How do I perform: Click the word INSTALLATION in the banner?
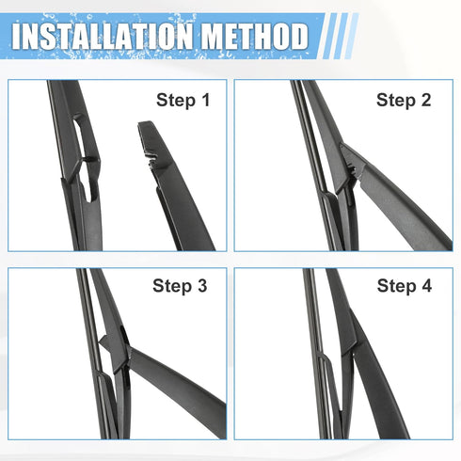tap(102, 36)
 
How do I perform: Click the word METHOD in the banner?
tap(255, 36)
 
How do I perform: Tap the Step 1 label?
tap(183, 101)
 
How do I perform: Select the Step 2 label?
tap(404, 101)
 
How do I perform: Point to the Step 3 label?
tap(180, 286)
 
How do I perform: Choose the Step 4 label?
tap(405, 286)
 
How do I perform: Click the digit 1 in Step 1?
tap(205, 100)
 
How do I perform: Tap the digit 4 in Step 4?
tap(426, 285)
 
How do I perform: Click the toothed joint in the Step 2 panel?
tap(354, 169)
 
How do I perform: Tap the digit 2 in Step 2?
tap(426, 100)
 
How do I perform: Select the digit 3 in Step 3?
tap(202, 285)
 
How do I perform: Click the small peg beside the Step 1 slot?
tap(90, 159)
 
